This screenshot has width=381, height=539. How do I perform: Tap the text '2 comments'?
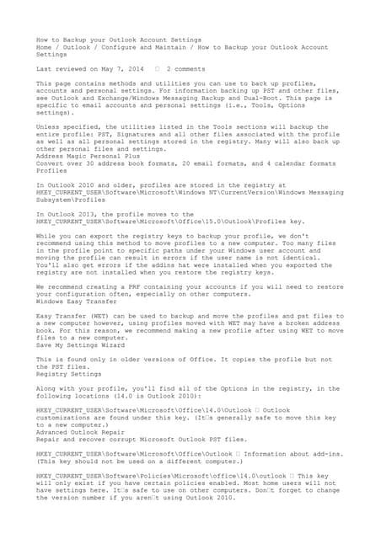(186, 67)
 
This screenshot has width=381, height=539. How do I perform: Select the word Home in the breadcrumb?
(44, 47)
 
